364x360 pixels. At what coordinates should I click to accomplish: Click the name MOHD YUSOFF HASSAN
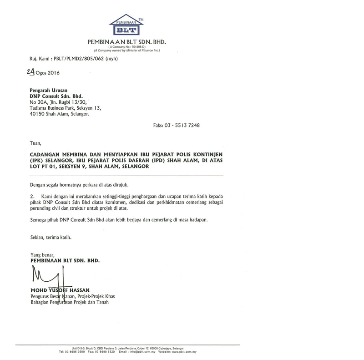click(60, 290)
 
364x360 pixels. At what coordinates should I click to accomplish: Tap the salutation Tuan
click(35, 143)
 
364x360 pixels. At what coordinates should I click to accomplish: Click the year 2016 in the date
click(52, 73)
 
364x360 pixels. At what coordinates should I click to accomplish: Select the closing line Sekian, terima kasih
click(51, 237)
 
